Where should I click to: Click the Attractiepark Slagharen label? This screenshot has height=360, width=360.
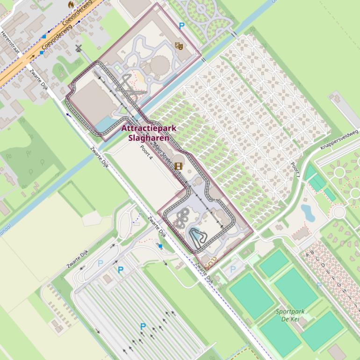145,133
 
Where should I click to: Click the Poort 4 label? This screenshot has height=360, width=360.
146,152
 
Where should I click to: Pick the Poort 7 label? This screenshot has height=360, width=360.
295,170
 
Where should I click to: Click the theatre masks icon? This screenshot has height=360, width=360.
178,45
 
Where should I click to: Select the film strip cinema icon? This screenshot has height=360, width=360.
178,166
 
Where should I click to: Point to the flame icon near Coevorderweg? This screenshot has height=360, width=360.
71,4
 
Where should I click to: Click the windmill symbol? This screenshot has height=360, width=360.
79,48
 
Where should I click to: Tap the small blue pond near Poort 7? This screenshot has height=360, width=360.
308,212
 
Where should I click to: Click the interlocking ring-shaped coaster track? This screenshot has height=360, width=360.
182,217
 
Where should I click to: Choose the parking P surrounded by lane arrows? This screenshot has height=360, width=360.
143,326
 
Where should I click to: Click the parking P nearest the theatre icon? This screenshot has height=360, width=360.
182,27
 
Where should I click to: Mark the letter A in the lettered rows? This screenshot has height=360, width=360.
307,254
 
